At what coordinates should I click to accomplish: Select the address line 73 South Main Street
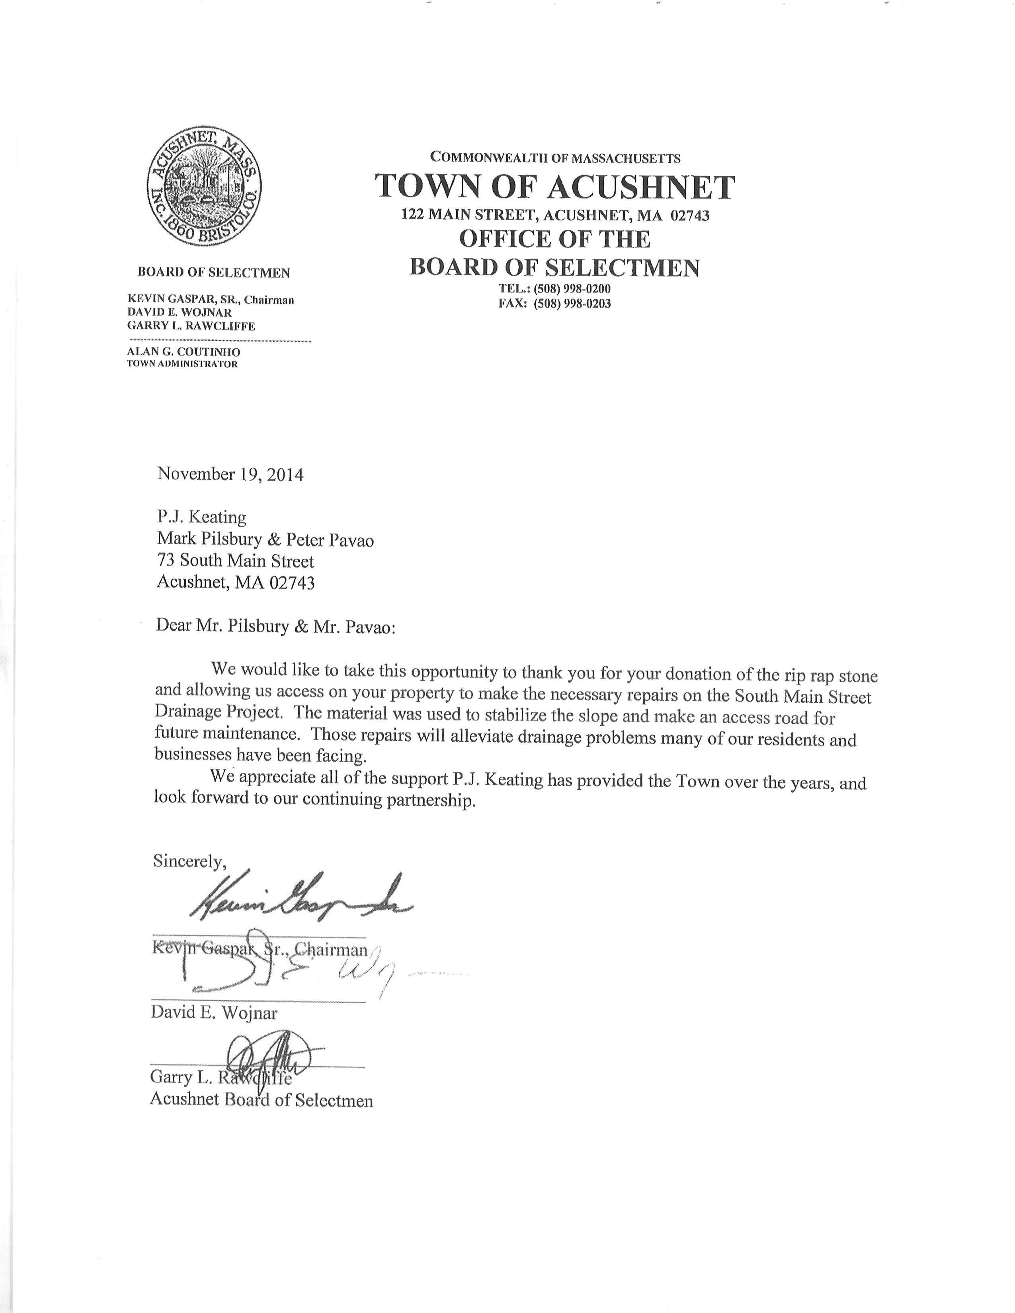click(x=235, y=561)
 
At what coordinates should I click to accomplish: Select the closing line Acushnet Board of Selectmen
click(x=261, y=1100)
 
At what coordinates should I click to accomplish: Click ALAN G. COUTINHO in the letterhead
click(x=183, y=352)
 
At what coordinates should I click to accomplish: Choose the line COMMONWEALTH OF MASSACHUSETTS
click(x=555, y=158)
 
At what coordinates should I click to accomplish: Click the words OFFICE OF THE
click(x=554, y=239)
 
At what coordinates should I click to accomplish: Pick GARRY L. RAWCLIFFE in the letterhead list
click(x=191, y=326)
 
